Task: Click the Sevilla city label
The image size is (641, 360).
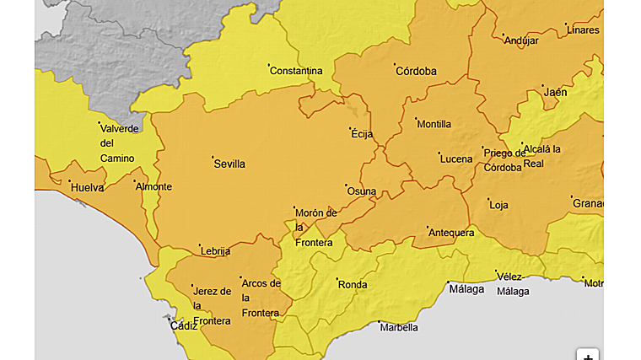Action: (x=230, y=164)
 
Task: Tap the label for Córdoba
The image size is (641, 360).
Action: (x=417, y=72)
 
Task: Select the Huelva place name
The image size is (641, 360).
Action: (x=87, y=188)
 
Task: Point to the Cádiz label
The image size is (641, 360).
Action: (x=183, y=326)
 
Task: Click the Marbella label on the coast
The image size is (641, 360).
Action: (x=399, y=328)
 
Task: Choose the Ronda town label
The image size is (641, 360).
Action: (x=353, y=285)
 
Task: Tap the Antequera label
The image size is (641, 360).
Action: (x=452, y=233)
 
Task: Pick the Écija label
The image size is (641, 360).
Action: (x=361, y=134)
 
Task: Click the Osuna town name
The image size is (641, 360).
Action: (x=362, y=191)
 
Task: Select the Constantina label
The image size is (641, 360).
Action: (x=296, y=71)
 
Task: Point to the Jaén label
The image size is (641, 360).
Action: (x=556, y=93)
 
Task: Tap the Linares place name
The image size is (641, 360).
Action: (x=584, y=30)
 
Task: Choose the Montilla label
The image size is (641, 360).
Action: (x=434, y=125)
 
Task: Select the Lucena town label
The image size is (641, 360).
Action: (x=456, y=159)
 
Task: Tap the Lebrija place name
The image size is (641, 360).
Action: (x=215, y=251)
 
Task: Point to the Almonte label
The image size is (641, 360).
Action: (x=154, y=187)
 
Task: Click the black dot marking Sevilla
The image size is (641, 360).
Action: (x=213, y=157)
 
